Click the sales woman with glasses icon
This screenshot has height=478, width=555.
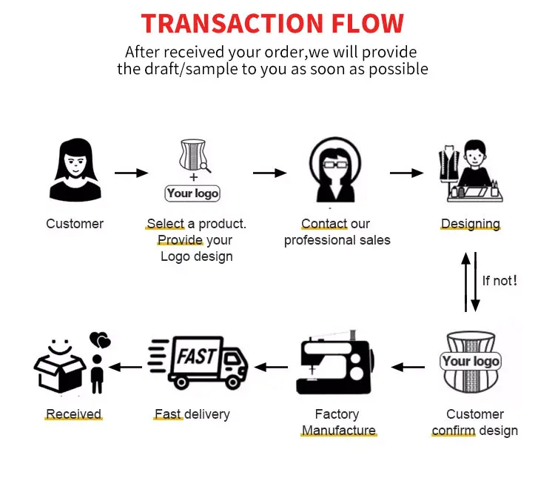tap(335, 171)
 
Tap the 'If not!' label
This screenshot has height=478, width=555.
tap(499, 281)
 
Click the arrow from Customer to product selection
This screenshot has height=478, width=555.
tap(131, 173)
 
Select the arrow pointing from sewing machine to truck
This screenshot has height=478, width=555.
tap(272, 366)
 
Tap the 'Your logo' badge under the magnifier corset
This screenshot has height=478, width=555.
tap(192, 193)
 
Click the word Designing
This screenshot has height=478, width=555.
tap(471, 224)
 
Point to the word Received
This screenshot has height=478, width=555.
tap(73, 414)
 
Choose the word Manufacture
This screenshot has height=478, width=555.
tap(338, 431)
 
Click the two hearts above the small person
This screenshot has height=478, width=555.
tap(99, 340)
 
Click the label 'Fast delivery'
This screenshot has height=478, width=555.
tap(192, 414)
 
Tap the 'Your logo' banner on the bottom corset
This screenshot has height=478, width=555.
tap(471, 362)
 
